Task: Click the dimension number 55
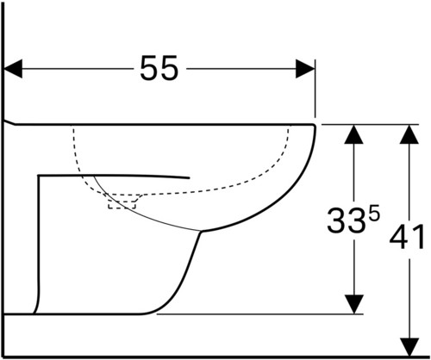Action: [159, 68]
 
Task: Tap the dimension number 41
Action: [407, 237]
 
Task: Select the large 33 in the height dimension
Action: [347, 220]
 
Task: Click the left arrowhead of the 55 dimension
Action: [13, 69]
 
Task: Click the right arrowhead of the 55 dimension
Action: [305, 69]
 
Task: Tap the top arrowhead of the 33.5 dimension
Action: [353, 134]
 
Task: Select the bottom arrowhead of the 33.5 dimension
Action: [354, 304]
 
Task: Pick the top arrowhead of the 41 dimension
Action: [409, 134]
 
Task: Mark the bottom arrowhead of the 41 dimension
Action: [409, 347]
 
